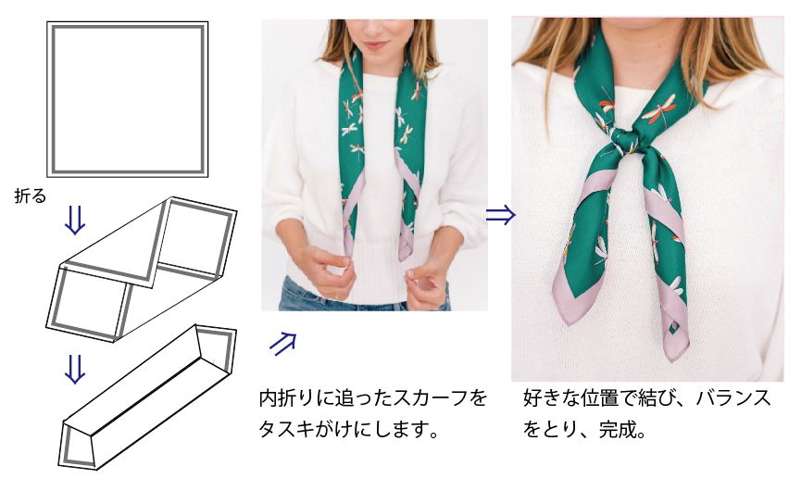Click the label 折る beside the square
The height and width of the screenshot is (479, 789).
(31, 195)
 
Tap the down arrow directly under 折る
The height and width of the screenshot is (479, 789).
(75, 221)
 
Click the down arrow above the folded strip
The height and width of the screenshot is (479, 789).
(75, 369)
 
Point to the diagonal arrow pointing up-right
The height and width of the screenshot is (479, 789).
(282, 344)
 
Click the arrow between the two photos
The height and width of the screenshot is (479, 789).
(501, 215)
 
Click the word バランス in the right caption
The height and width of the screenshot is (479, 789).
(733, 397)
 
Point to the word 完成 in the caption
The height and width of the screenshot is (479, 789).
(616, 430)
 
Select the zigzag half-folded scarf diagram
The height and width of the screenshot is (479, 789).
(142, 269)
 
